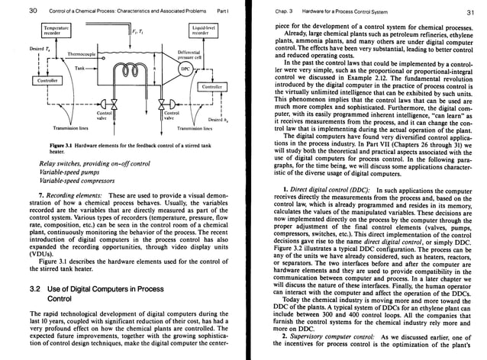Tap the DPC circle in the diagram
(x=183, y=68)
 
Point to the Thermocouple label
(x=82, y=54)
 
